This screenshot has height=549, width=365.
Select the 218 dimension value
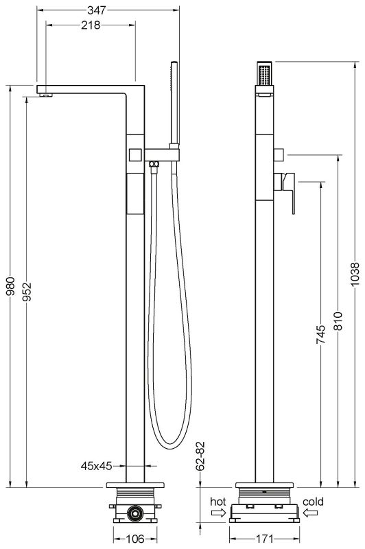pos(90,25)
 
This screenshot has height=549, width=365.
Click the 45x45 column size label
pos(95,466)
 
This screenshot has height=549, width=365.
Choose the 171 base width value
pos(264,539)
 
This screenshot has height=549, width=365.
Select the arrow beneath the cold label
pos(313,511)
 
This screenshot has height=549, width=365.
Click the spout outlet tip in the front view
pos(46,95)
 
